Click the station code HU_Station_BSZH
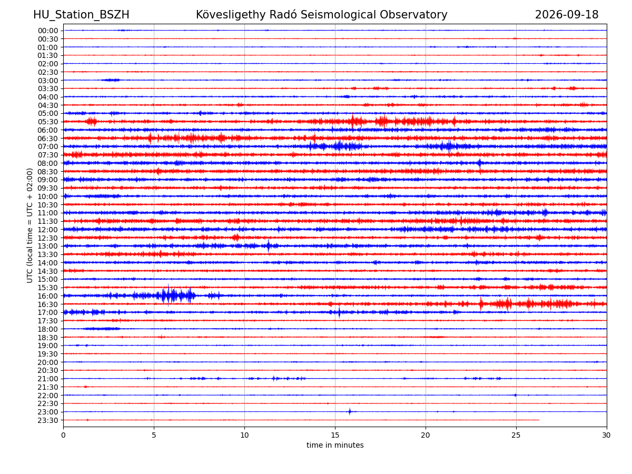point(81,15)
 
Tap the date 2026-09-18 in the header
point(566,15)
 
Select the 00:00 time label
point(48,31)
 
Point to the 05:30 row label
point(48,122)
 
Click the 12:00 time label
point(48,230)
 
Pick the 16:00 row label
point(48,296)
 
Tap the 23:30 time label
point(48,420)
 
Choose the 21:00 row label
point(48,379)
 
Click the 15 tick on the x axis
point(335,435)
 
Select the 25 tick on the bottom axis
point(516,435)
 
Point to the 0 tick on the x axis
point(63,435)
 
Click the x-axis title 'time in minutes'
point(335,445)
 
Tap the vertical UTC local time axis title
point(29,225)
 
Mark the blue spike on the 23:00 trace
point(350,411)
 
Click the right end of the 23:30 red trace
point(539,420)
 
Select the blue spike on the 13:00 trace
point(269,246)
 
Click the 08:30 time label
point(48,172)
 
